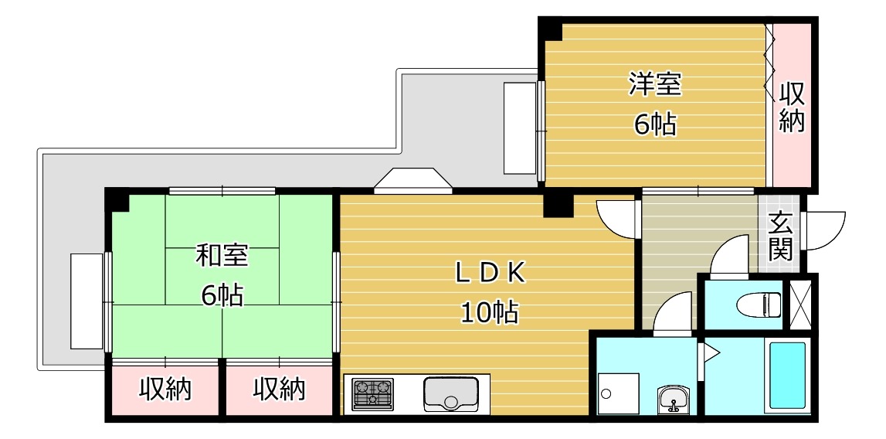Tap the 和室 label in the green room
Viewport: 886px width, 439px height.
222,256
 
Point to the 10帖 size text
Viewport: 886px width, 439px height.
489,312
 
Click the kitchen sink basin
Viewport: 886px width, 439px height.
451,394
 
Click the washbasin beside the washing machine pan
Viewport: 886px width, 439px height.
673,400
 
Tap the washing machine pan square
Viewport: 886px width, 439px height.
618,393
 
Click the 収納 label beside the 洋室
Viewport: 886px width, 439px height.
792,107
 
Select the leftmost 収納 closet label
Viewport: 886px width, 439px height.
165,390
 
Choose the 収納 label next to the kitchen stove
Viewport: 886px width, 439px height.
279,390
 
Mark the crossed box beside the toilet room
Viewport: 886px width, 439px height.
799,305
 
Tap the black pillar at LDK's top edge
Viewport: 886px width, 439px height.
558,206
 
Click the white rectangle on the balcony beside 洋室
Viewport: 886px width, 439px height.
520,128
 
